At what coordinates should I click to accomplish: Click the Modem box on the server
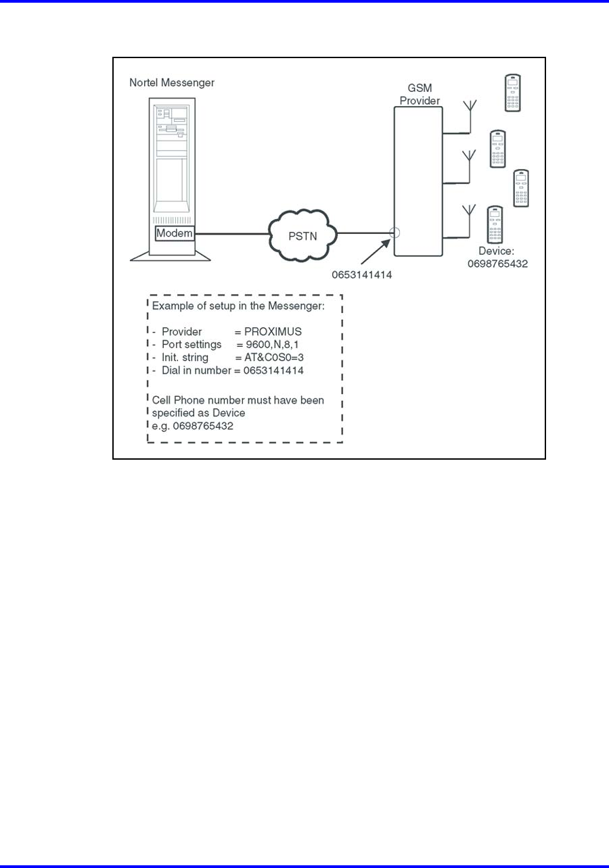pyautogui.click(x=175, y=233)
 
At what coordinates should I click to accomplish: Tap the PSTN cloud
pyautogui.click(x=303, y=236)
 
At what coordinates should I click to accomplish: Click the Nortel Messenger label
pyautogui.click(x=172, y=82)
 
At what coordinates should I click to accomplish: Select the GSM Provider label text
pyautogui.click(x=420, y=94)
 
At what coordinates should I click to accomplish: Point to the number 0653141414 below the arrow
pyautogui.click(x=361, y=274)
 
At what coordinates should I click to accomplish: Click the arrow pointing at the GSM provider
pyautogui.click(x=376, y=252)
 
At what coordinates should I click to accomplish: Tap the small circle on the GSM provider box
pyautogui.click(x=394, y=233)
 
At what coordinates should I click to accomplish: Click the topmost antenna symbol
pyautogui.click(x=470, y=116)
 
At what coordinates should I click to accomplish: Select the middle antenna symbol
pyautogui.click(x=470, y=166)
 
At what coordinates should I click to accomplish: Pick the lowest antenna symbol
pyautogui.click(x=470, y=221)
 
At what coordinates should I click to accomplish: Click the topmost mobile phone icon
pyautogui.click(x=512, y=93)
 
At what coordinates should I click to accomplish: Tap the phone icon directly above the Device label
pyautogui.click(x=495, y=224)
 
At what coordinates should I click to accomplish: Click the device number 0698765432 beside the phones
pyautogui.click(x=497, y=264)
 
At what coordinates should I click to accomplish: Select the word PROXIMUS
pyautogui.click(x=273, y=332)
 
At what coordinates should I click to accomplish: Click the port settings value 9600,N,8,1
pyautogui.click(x=272, y=345)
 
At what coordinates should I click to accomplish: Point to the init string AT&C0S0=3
pyautogui.click(x=274, y=358)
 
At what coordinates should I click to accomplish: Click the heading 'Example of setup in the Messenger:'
pyautogui.click(x=238, y=306)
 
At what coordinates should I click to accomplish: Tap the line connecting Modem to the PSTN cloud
pyautogui.click(x=232, y=234)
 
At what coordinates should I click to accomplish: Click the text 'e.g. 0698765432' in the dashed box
pyautogui.click(x=192, y=426)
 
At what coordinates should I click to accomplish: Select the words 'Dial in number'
pyautogui.click(x=196, y=370)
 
